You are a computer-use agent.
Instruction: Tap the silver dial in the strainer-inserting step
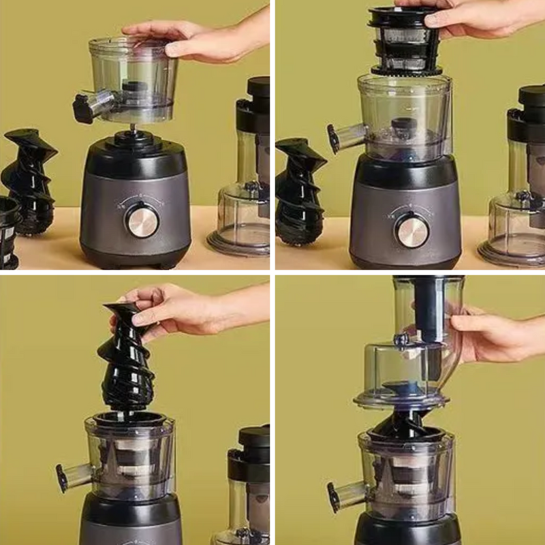point(412,230)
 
